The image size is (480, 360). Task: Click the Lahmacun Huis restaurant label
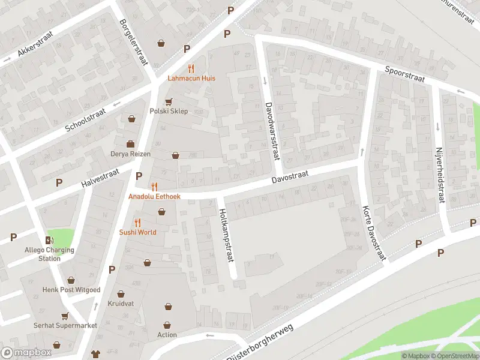(x=191, y=78)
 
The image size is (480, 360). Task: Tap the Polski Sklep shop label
(x=169, y=111)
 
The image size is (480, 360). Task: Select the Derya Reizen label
(x=130, y=154)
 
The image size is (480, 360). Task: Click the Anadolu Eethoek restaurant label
(x=154, y=196)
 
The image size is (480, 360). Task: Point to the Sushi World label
(x=137, y=232)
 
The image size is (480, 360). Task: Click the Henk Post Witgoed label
(x=71, y=290)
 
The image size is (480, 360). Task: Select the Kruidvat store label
(x=121, y=304)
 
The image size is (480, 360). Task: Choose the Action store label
(x=167, y=335)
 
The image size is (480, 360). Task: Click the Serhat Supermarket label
(x=65, y=325)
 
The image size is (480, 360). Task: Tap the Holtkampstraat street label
(x=226, y=235)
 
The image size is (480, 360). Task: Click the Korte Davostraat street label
(x=373, y=233)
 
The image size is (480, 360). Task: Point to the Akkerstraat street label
(x=35, y=44)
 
